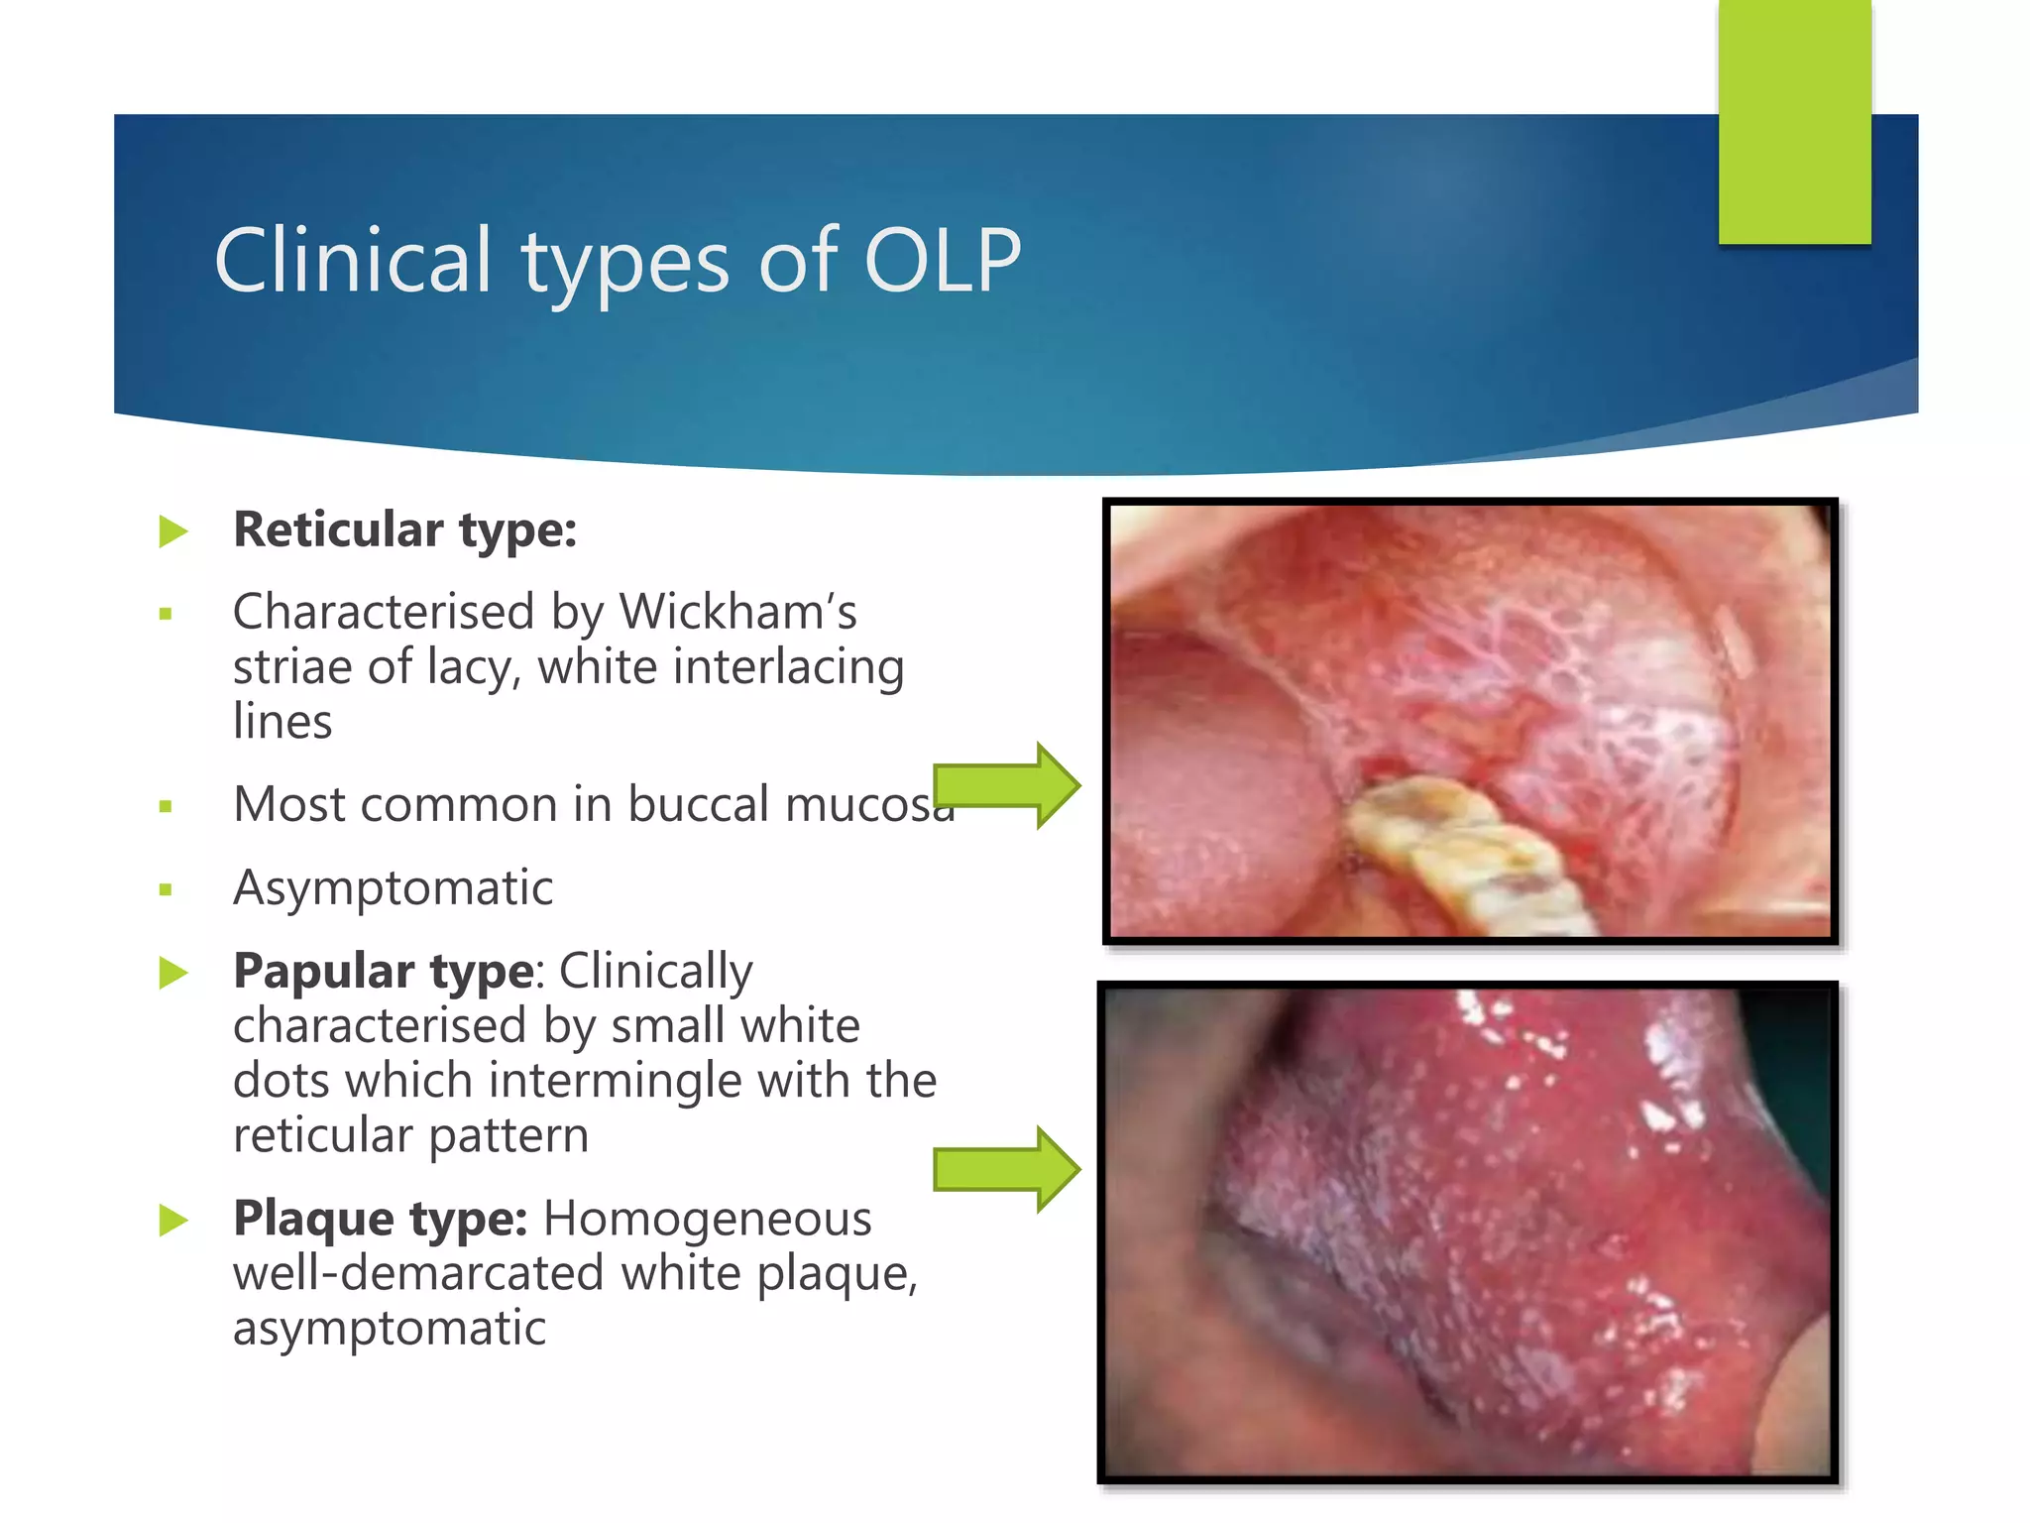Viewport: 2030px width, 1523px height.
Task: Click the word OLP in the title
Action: pos(942,261)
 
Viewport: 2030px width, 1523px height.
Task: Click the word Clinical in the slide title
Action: pos(353,261)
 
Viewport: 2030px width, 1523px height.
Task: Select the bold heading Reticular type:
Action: pos(404,529)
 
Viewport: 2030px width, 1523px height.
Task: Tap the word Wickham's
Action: pos(737,612)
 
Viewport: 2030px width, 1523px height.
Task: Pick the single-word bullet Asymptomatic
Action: pos(393,887)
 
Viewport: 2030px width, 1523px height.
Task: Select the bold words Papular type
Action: pos(383,971)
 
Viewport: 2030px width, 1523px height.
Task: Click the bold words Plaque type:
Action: pos(380,1219)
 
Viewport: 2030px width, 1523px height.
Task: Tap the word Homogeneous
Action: pos(707,1219)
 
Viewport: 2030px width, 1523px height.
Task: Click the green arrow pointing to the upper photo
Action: pos(1006,785)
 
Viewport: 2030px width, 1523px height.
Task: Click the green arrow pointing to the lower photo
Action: pos(1006,1169)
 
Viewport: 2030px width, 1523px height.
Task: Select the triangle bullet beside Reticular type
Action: pos(172,532)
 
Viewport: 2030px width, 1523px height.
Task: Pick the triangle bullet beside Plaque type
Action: pos(172,1221)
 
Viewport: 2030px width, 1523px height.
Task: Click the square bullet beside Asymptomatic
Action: pos(166,890)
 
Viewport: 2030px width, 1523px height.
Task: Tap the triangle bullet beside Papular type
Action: pos(172,973)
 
